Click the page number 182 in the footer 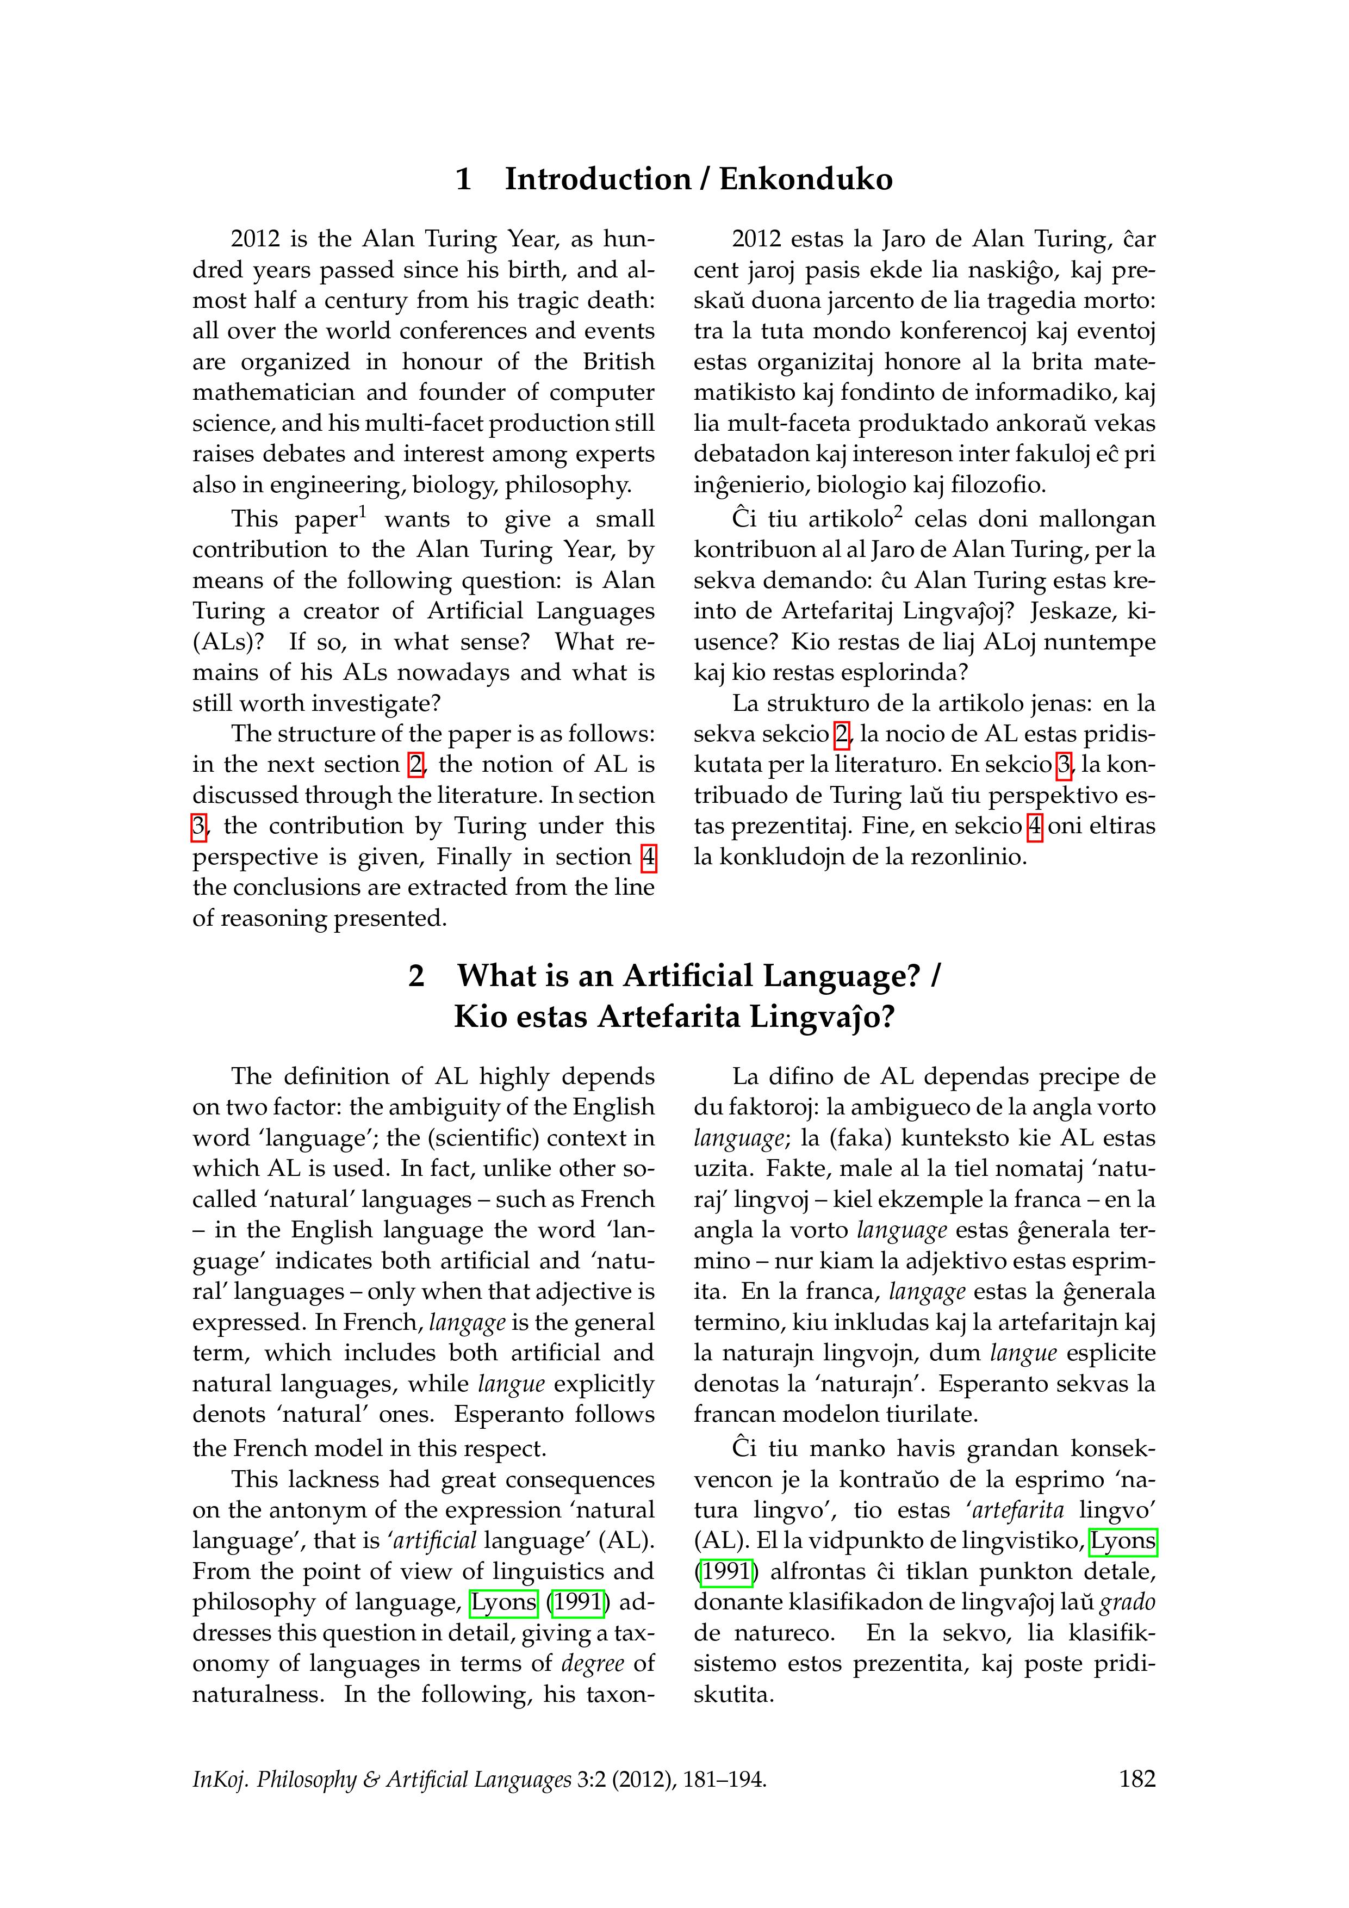click(x=1137, y=1779)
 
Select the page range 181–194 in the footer click(x=722, y=1779)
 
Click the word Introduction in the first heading click(x=597, y=179)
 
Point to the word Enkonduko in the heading click(x=806, y=179)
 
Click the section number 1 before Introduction click(x=463, y=179)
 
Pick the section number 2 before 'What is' click(x=416, y=976)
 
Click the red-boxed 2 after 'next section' click(x=416, y=765)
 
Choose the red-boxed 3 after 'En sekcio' click(x=1063, y=765)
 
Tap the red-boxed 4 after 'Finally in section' click(x=648, y=857)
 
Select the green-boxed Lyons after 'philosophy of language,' click(x=503, y=1602)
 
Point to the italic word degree click(x=592, y=1664)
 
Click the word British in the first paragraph click(x=618, y=362)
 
